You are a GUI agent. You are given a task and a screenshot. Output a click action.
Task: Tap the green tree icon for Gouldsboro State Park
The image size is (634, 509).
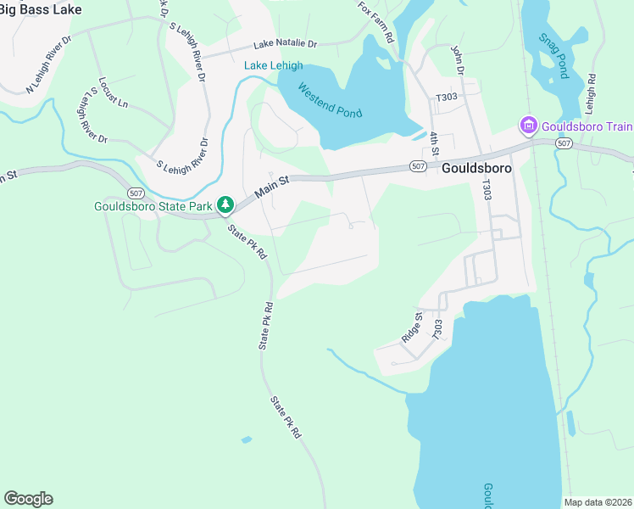tap(225, 204)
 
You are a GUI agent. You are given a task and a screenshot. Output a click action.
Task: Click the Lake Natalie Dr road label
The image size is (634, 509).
tap(284, 44)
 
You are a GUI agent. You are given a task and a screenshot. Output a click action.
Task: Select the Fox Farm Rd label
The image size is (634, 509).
tap(375, 22)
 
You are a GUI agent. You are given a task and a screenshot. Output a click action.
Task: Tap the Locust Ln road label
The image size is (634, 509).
tap(113, 93)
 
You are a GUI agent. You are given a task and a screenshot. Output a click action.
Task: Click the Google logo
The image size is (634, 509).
tap(28, 498)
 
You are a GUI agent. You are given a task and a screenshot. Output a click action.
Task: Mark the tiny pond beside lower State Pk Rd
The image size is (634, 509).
tap(246, 439)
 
